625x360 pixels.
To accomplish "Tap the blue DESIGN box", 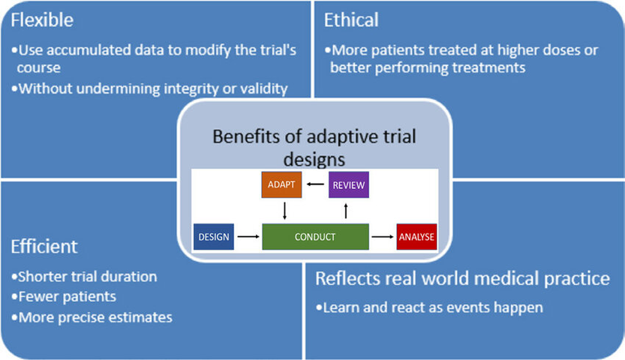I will (x=213, y=238).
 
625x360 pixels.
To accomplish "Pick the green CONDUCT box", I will (x=315, y=238).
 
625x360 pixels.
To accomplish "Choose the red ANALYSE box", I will (x=416, y=238).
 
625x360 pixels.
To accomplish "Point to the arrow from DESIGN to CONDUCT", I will (x=247, y=238).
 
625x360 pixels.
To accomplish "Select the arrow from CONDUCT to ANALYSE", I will (x=383, y=238).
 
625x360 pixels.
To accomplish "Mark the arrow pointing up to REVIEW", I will (x=347, y=211).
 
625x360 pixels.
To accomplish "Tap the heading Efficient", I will (x=44, y=246).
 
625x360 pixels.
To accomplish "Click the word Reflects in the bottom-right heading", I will (x=348, y=278).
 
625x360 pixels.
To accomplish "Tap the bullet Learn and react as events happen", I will (x=430, y=307).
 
